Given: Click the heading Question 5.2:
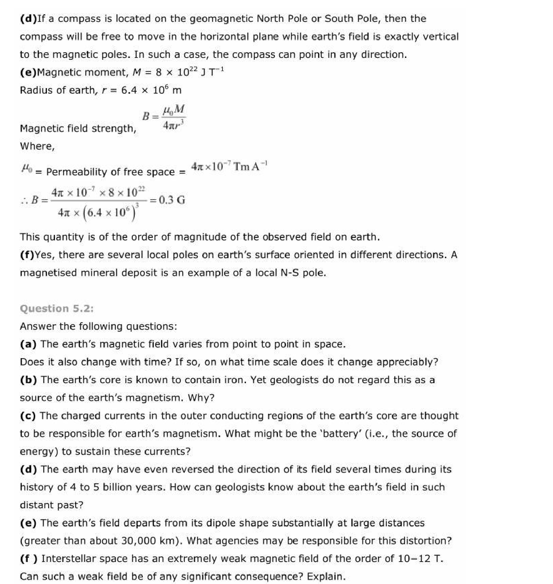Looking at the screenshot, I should pyautogui.click(x=57, y=308).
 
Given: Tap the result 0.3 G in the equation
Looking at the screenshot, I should pyautogui.click(x=172, y=200).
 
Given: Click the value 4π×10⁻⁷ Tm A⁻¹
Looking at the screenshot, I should pyautogui.click(x=229, y=166).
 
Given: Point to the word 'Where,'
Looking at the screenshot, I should pyautogui.click(x=37, y=146).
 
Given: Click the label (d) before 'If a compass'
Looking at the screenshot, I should pyautogui.click(x=29, y=19).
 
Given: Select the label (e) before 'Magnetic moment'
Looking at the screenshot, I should pyautogui.click(x=29, y=72).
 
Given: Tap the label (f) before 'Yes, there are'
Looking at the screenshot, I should pyautogui.click(x=27, y=255).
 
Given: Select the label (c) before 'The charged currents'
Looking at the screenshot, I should pyautogui.click(x=28, y=416).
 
